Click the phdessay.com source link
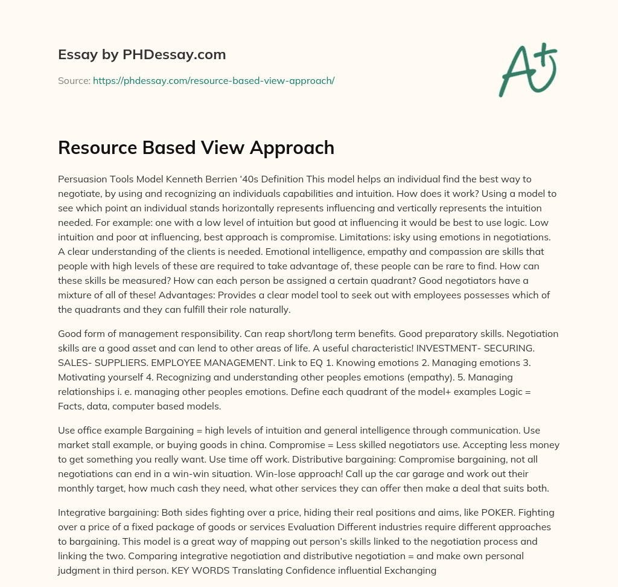click(214, 80)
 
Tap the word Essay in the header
click(74, 55)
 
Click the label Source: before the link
click(74, 80)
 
